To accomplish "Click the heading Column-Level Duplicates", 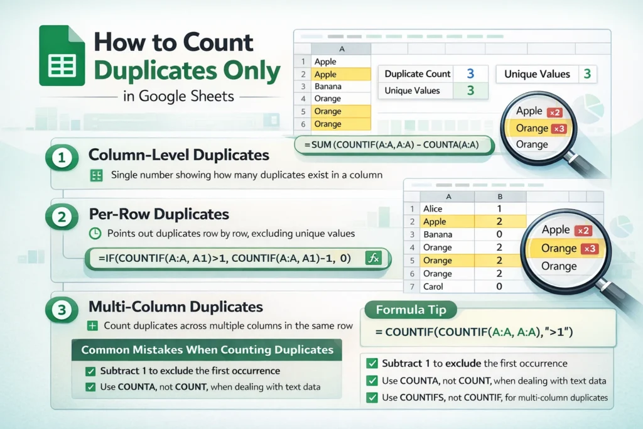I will tap(179, 155).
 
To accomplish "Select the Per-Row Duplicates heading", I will tap(159, 214).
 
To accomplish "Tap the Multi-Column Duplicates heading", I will tap(176, 307).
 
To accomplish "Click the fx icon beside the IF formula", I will tap(374, 258).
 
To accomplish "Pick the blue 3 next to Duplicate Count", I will tap(470, 73).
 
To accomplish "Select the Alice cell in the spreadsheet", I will tap(433, 209).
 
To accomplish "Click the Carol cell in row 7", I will tap(433, 286).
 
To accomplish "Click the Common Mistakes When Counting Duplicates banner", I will tap(207, 350).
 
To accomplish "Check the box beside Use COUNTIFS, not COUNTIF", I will tap(372, 397).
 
